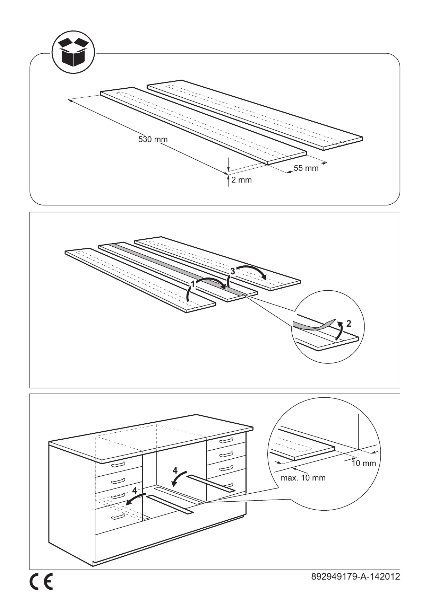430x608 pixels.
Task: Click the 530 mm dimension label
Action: [x=153, y=140]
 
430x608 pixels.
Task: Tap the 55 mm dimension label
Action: [x=306, y=168]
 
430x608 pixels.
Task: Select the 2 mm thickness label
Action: [x=241, y=180]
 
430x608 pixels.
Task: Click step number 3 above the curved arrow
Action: [x=233, y=272]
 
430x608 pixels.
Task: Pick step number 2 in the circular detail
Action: [x=349, y=324]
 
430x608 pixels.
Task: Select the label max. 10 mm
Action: [x=303, y=478]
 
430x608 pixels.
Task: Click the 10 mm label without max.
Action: [x=364, y=463]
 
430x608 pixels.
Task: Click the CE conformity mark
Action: [x=41, y=582]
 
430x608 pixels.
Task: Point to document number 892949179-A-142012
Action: [x=355, y=576]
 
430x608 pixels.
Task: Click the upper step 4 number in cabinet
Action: [x=175, y=470]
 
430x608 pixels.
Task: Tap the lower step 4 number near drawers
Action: [x=134, y=491]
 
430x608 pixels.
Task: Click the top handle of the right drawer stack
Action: [x=226, y=440]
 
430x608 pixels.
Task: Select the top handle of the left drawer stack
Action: [x=118, y=464]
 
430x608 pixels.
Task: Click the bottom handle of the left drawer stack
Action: [x=118, y=517]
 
